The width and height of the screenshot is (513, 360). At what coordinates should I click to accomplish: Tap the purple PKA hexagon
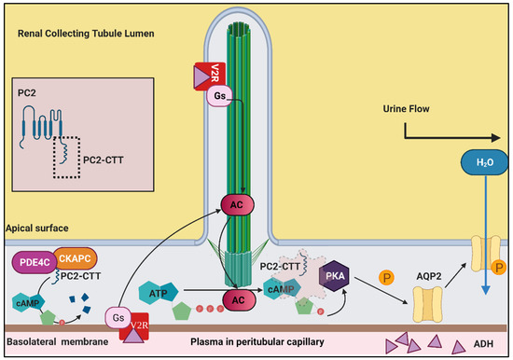pyautogui.click(x=335, y=276)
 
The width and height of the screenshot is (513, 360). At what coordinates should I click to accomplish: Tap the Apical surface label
pyautogui.click(x=35, y=228)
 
